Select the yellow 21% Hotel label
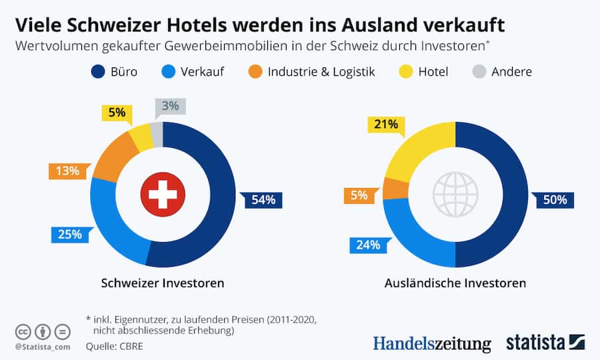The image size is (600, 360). click(x=386, y=124)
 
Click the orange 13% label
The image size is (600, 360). click(x=68, y=171)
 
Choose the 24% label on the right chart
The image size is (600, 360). click(x=367, y=245)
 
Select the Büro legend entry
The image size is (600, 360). click(x=114, y=71)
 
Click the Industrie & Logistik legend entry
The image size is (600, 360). click(x=312, y=71)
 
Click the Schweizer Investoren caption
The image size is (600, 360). click(x=162, y=283)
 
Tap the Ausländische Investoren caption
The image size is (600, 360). click(x=455, y=283)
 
